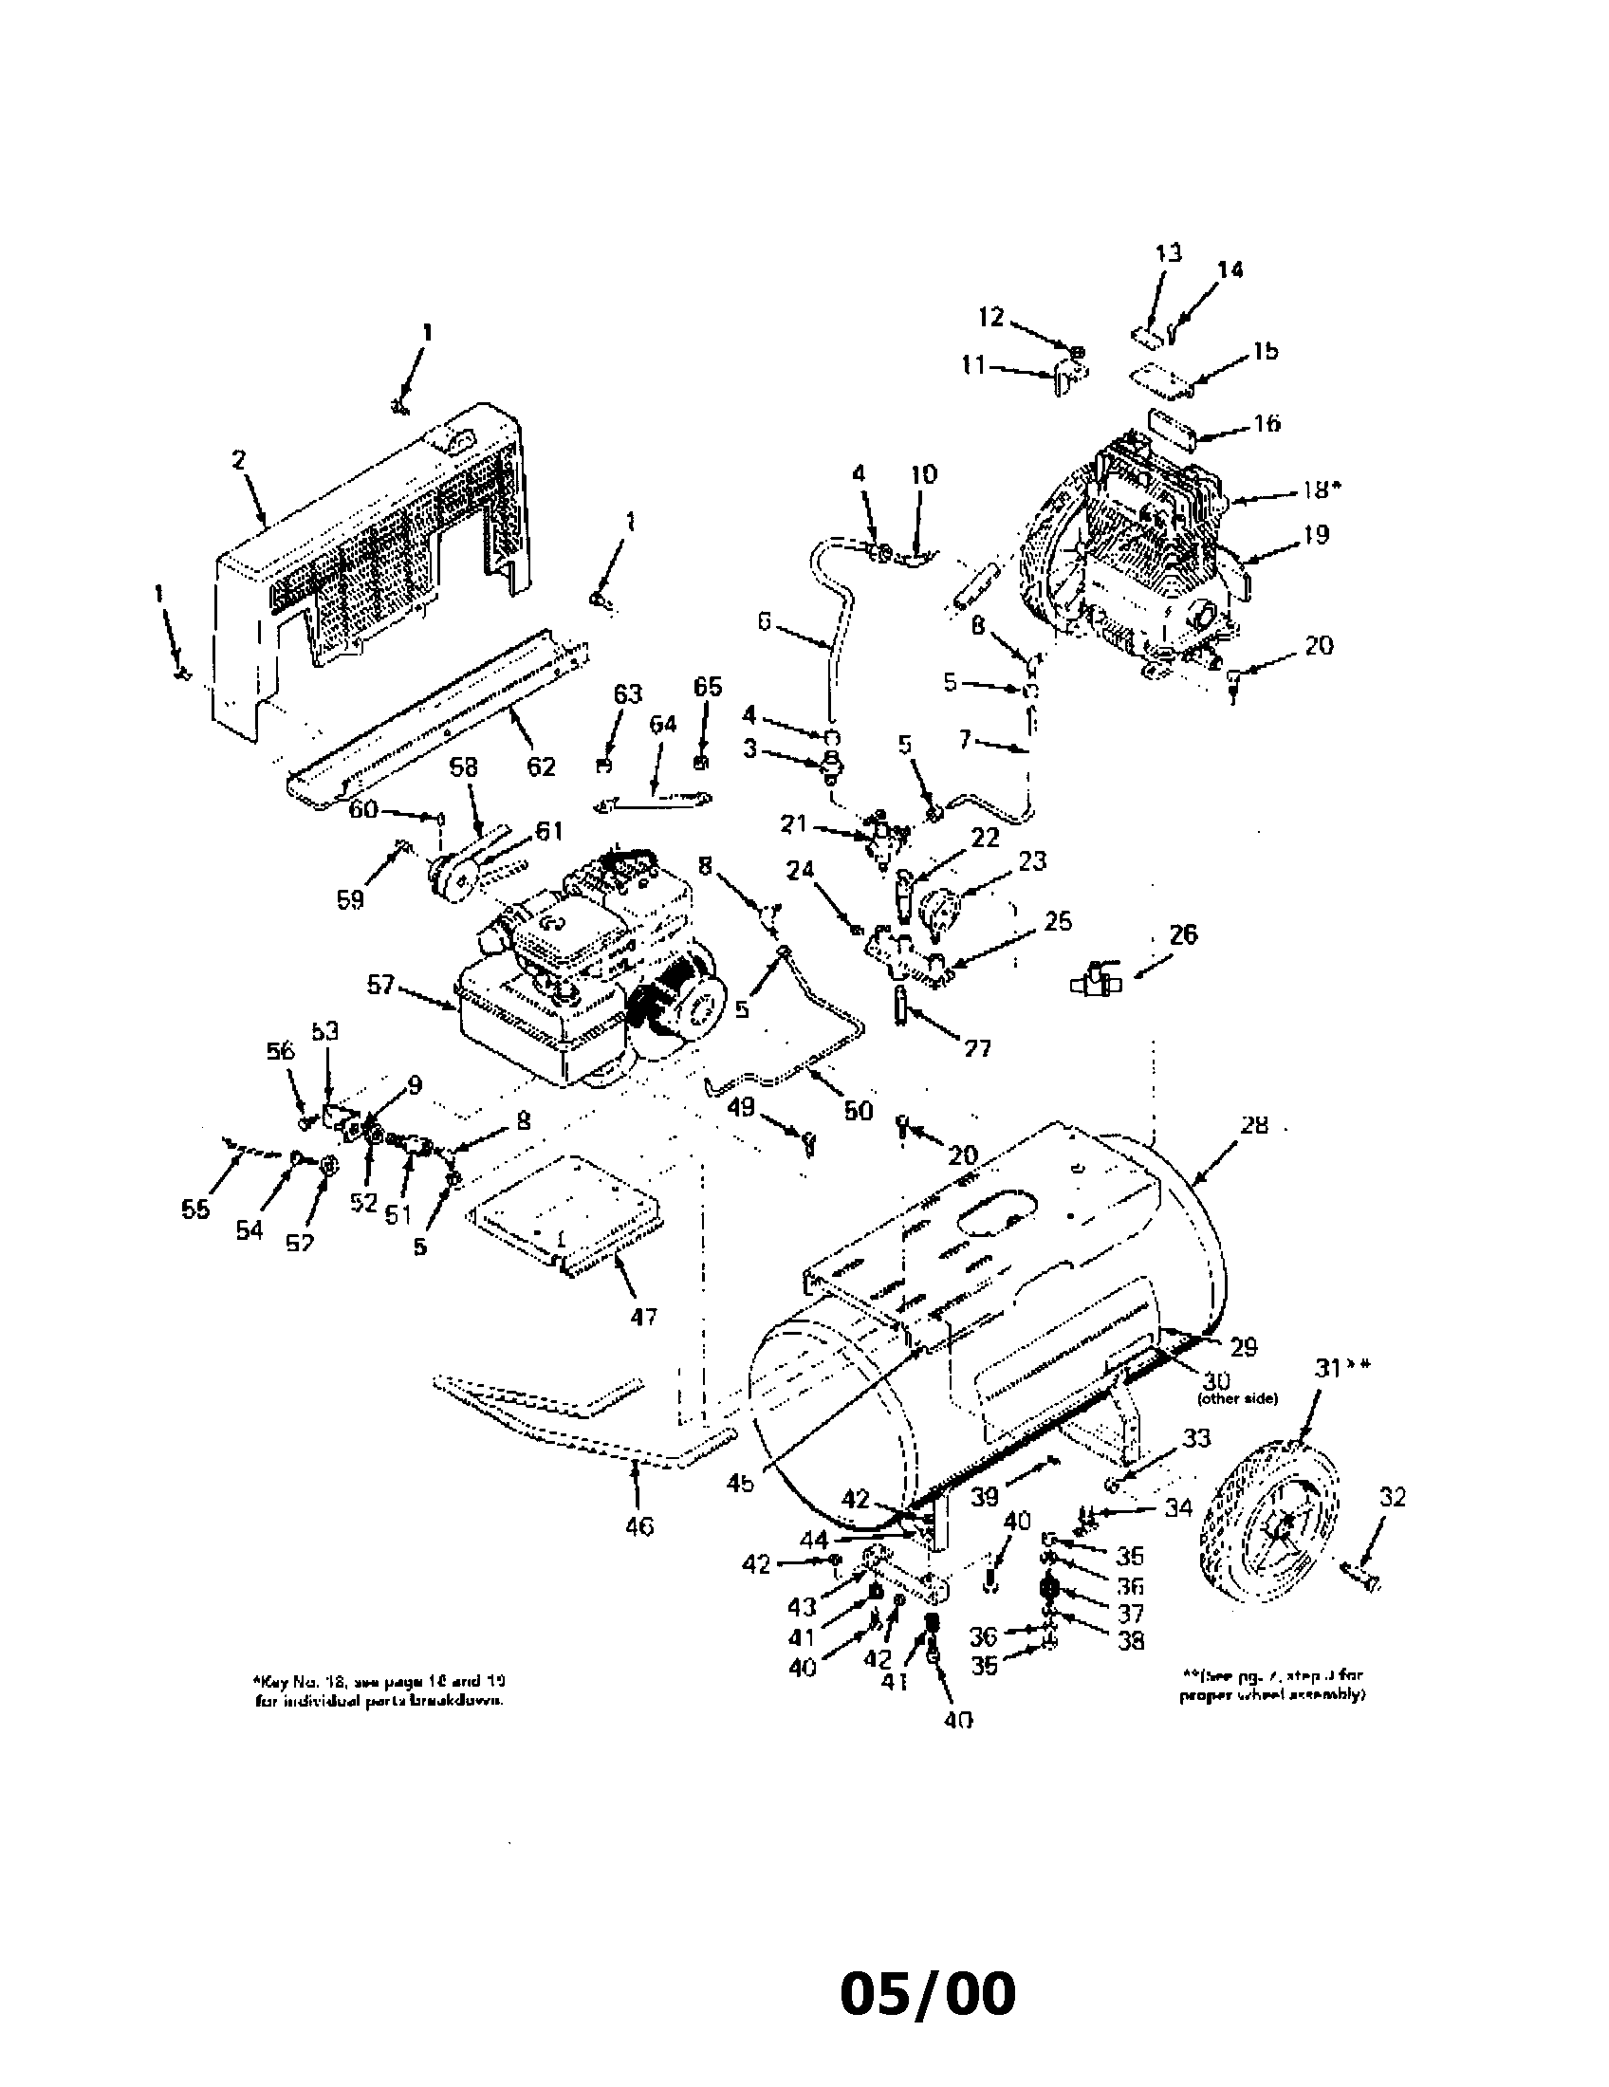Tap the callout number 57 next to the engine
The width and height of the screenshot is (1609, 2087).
[380, 985]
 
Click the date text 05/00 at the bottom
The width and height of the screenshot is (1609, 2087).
[928, 1995]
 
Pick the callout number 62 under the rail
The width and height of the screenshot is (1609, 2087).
[541, 766]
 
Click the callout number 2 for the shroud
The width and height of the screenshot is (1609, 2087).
[238, 460]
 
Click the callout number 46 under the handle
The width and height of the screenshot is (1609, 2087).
[638, 1527]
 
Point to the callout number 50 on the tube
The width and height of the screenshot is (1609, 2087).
[858, 1110]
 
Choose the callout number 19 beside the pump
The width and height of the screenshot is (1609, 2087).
[1316, 535]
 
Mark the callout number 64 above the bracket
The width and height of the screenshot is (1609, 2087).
[661, 725]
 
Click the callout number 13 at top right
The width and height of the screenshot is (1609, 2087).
[1168, 252]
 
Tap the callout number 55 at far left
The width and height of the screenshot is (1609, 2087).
[194, 1210]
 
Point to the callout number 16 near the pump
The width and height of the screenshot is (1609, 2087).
[1266, 422]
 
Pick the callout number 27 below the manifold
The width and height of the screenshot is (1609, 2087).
[976, 1048]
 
